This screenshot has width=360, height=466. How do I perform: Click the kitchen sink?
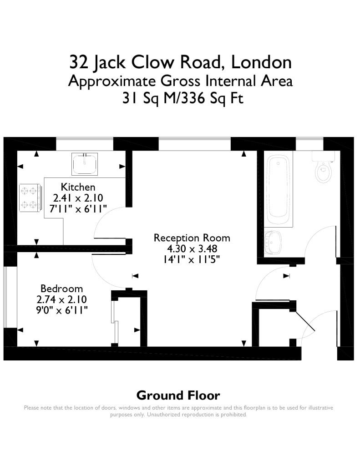[85, 164]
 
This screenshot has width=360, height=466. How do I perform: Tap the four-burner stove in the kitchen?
[30, 198]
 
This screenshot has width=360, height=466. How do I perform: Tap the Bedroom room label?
[61, 289]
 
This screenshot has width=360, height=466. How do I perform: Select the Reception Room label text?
[192, 238]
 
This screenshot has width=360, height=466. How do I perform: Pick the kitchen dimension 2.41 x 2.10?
[78, 198]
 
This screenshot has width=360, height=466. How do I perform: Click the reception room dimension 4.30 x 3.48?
[192, 249]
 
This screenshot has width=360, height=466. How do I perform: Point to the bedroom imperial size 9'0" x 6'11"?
[61, 310]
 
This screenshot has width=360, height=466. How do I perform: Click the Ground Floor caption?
[178, 395]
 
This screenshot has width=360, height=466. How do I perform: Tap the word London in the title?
[261, 62]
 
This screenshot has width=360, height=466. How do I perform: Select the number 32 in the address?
[79, 62]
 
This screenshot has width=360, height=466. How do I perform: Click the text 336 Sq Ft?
[212, 98]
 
